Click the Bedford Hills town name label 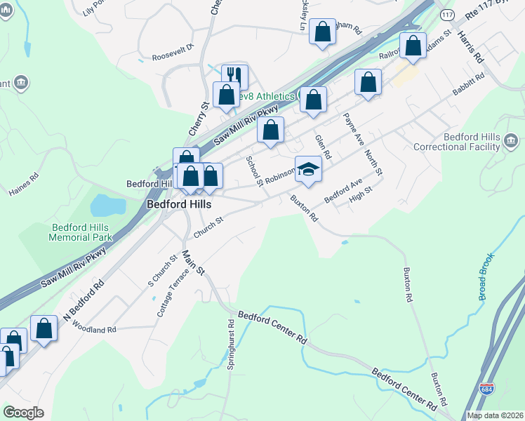(x=178, y=204)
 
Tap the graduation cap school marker (x=308, y=168)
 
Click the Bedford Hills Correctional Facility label (x=456, y=142)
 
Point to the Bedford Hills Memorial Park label (x=81, y=232)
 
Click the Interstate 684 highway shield (x=486, y=388)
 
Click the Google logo (x=24, y=413)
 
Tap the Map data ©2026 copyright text (x=495, y=415)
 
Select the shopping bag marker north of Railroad (x=413, y=46)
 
